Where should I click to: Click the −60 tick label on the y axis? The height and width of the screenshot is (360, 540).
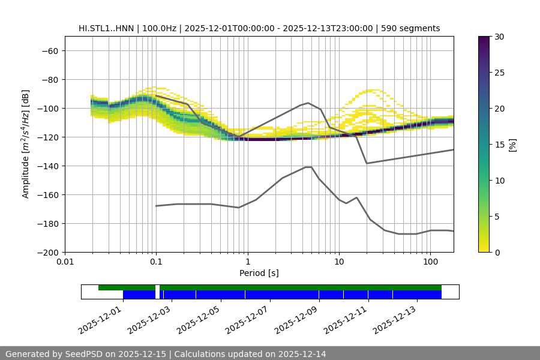pyautogui.click(x=49, y=50)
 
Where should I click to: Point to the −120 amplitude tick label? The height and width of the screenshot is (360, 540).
pyautogui.click(x=47, y=137)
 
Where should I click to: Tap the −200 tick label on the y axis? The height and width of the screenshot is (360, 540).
pyautogui.click(x=47, y=252)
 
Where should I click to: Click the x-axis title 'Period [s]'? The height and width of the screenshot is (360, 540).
pyautogui.click(x=259, y=273)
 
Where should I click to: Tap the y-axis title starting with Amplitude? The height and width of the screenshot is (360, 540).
pyautogui.click(x=26, y=144)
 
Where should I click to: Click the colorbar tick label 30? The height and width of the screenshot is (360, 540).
pyautogui.click(x=499, y=37)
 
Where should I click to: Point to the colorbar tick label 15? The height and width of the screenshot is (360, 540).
pyautogui.click(x=499, y=145)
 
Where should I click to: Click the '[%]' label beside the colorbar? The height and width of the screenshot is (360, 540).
pyautogui.click(x=512, y=145)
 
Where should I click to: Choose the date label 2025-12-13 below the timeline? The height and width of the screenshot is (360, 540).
pyautogui.click(x=395, y=317)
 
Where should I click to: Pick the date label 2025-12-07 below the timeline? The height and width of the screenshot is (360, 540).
pyautogui.click(x=248, y=317)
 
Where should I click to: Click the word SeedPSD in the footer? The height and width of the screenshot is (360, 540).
pyautogui.click(x=84, y=354)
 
